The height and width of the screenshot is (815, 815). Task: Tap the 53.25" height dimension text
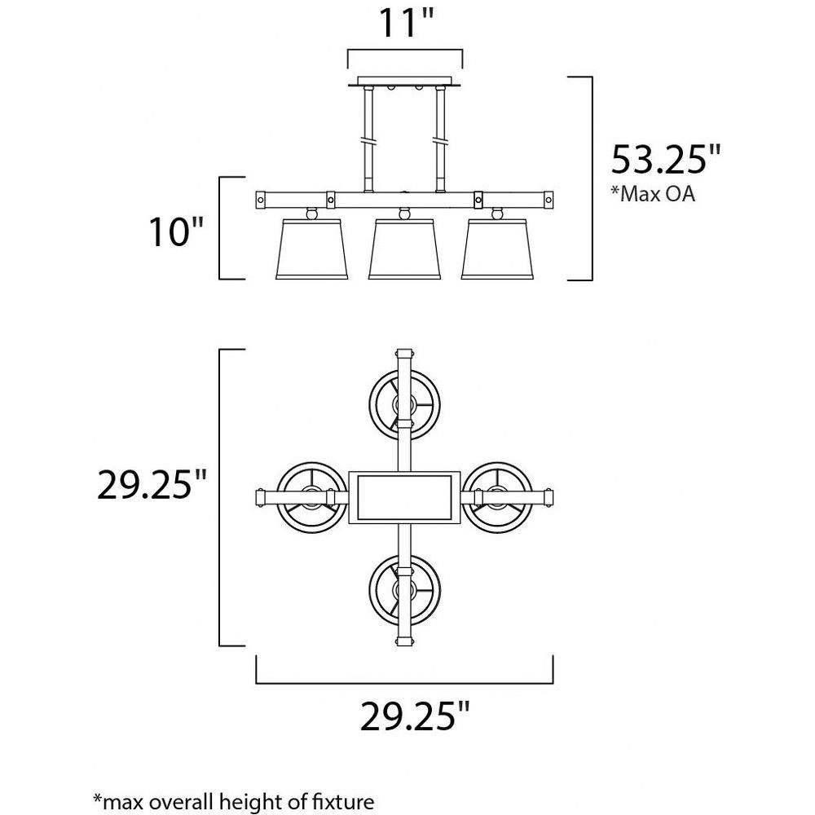click(x=666, y=159)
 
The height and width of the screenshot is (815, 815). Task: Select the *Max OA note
click(x=653, y=194)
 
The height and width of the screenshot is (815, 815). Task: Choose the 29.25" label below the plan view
click(x=415, y=716)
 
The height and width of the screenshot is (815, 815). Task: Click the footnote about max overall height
click(x=233, y=801)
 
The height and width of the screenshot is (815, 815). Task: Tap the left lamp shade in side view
click(x=311, y=249)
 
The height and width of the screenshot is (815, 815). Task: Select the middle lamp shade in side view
click(x=404, y=249)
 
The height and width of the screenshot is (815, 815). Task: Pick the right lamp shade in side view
click(x=497, y=249)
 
